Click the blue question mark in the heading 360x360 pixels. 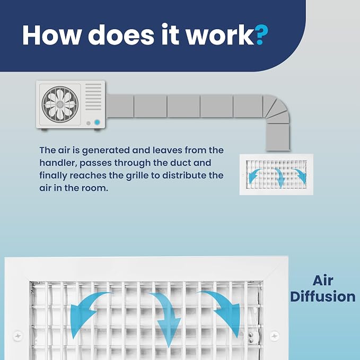point(261,34)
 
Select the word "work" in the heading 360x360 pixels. point(220,34)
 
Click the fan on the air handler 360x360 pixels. point(60,104)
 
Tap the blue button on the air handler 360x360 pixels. point(97,122)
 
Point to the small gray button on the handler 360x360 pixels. point(89,124)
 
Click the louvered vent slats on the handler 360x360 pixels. point(93,96)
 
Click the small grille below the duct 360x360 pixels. point(276,174)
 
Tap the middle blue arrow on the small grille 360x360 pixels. point(279,178)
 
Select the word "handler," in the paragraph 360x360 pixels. point(58,163)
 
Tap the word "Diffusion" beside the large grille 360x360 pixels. point(323,296)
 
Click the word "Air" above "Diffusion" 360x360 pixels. point(323,280)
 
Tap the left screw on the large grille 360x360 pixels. point(17,336)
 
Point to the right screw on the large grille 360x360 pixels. point(274,336)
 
